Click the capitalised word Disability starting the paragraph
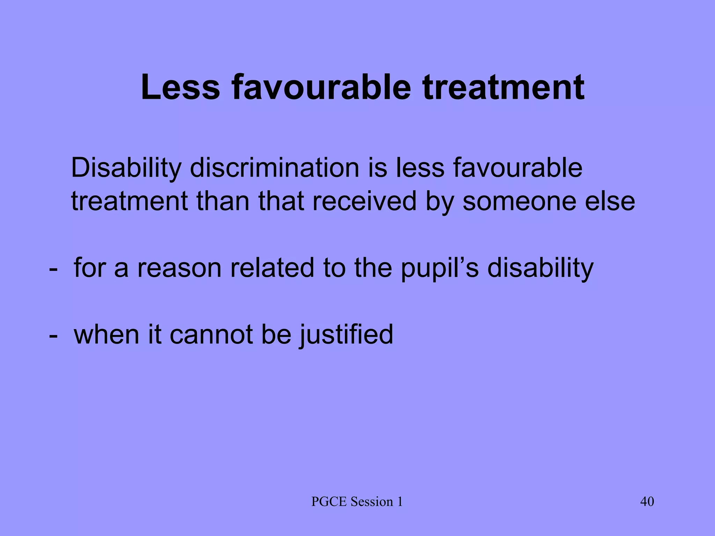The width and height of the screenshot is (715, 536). tap(126, 169)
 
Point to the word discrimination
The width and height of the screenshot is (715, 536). tap(274, 168)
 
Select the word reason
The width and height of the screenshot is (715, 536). tap(179, 268)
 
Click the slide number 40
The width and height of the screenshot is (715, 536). tap(647, 502)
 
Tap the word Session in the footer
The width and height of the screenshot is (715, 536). tap(371, 502)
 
